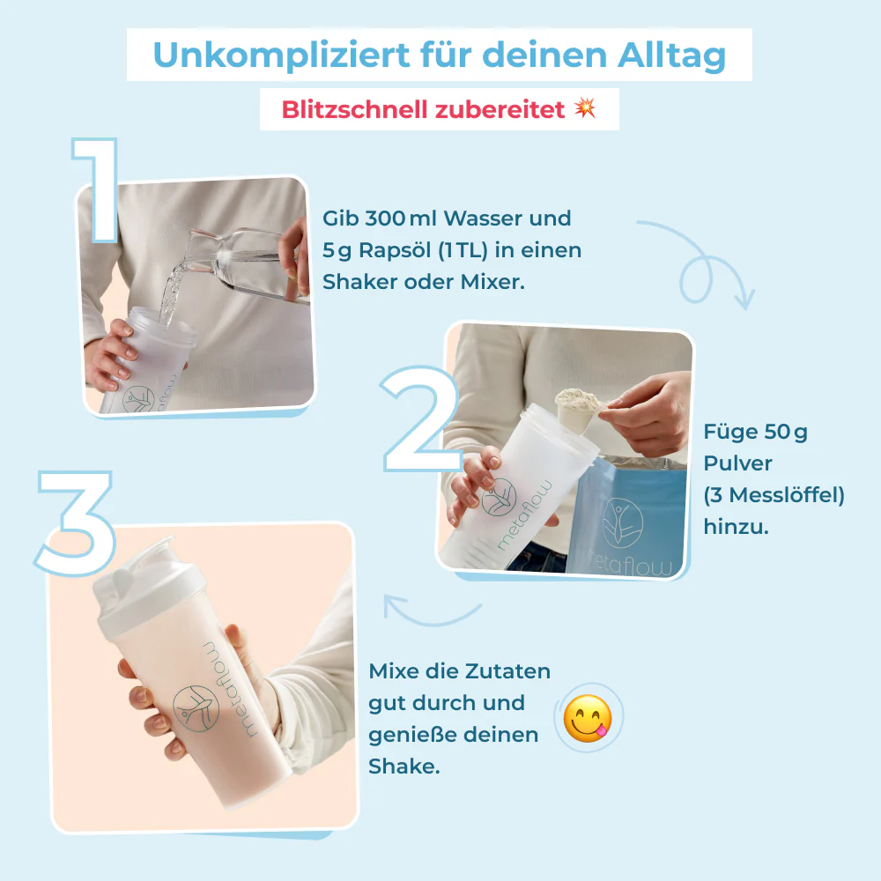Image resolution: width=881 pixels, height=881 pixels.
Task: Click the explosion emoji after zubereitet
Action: coord(585,108)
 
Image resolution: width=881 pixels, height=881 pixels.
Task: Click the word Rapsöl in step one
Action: coord(387,250)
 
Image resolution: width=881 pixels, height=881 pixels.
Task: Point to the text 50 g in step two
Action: coord(786,432)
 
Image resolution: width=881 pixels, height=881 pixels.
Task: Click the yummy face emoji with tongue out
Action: coord(588,718)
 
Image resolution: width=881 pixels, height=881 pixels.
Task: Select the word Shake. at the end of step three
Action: coord(404,766)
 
